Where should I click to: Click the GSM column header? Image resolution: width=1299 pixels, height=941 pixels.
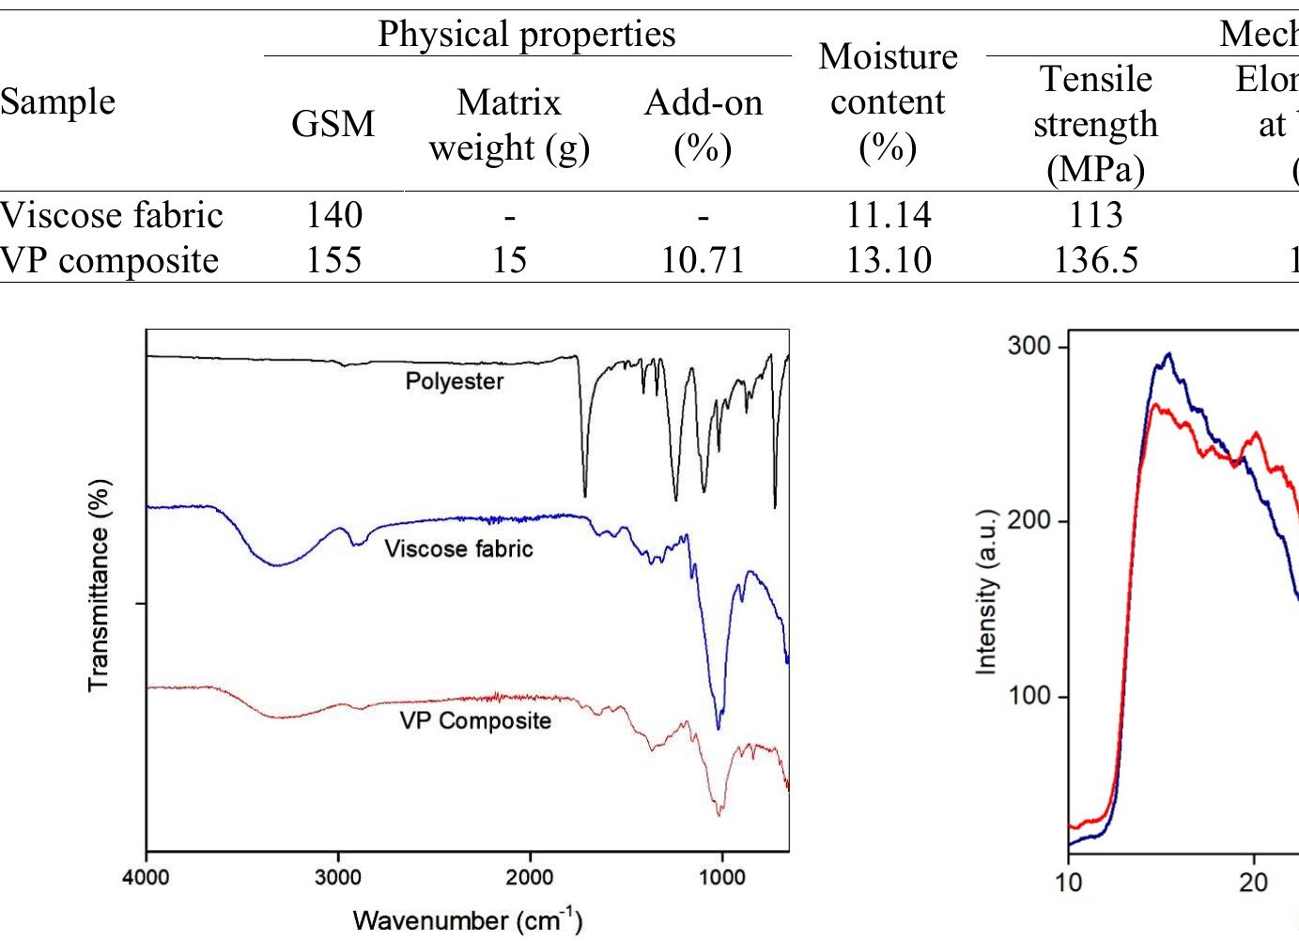click(x=332, y=124)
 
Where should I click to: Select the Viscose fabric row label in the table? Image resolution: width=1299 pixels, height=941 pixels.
click(x=111, y=215)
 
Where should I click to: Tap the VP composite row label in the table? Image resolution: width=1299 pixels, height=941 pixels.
click(x=109, y=260)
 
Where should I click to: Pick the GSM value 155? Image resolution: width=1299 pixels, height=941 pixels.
click(x=333, y=260)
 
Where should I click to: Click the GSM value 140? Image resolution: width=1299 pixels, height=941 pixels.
click(x=333, y=215)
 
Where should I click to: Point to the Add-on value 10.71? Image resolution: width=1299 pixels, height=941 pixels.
click(x=703, y=260)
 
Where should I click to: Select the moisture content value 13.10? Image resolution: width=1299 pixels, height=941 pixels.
click(x=888, y=260)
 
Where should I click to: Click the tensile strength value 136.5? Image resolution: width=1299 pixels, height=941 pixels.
click(x=1095, y=260)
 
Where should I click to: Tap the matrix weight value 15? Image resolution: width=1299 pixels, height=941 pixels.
click(x=509, y=260)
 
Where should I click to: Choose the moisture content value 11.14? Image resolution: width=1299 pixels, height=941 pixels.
click(x=888, y=215)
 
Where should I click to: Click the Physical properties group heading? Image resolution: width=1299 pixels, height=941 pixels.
click(x=526, y=34)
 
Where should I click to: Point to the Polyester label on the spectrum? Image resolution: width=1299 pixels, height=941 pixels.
click(x=454, y=381)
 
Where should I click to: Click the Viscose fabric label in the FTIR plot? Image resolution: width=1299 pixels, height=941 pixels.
click(x=458, y=548)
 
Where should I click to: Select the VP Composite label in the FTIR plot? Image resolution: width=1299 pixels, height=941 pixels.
click(x=475, y=721)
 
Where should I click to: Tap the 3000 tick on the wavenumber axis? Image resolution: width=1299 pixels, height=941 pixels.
click(x=338, y=877)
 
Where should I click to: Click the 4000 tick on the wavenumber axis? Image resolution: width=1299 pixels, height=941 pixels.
click(x=147, y=877)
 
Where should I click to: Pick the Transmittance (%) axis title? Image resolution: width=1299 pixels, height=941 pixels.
click(x=99, y=586)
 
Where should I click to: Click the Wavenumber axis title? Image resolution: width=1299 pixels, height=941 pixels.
click(x=468, y=919)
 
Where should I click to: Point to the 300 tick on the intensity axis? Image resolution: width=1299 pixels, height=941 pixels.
click(x=1028, y=347)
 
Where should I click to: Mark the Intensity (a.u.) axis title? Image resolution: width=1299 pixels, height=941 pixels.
click(x=985, y=593)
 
